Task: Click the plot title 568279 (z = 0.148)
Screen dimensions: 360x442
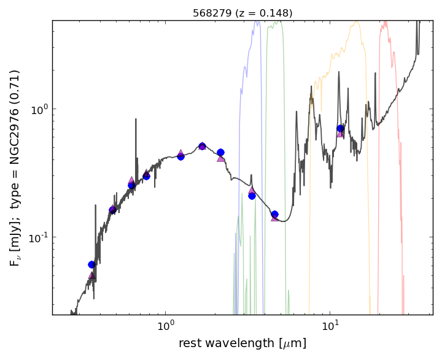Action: (242, 13)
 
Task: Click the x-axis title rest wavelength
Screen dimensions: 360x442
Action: (242, 343)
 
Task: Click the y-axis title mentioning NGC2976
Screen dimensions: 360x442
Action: (15, 167)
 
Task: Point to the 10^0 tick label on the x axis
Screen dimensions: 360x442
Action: (165, 325)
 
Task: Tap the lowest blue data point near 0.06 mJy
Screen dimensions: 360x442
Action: (91, 264)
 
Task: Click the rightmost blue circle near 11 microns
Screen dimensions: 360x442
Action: (340, 128)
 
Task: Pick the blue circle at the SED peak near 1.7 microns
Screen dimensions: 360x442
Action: (202, 146)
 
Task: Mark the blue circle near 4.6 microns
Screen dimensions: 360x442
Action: (274, 214)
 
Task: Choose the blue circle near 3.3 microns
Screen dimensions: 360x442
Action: (252, 196)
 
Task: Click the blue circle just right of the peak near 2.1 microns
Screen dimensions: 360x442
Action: (220, 152)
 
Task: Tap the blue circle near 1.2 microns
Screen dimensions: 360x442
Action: (180, 156)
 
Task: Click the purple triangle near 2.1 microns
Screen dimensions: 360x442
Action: (220, 158)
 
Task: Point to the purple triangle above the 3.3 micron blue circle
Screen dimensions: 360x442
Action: (252, 190)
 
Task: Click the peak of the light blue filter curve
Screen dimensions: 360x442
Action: (257, 22)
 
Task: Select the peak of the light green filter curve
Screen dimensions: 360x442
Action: (279, 22)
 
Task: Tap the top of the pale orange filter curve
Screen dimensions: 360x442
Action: (356, 23)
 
